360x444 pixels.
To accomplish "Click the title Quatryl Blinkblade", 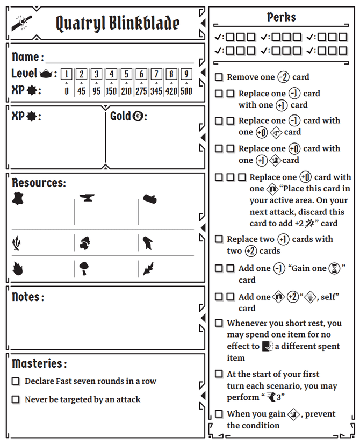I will point(117,23).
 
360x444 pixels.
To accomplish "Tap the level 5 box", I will point(126,74).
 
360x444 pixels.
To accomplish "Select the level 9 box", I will point(186,74).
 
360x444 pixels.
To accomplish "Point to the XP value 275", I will point(141,91).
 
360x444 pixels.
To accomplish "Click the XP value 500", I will point(186,91).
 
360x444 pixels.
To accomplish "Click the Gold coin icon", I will point(138,116).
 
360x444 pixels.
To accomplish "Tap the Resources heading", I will point(39,183).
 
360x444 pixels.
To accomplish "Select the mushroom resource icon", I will point(84,268).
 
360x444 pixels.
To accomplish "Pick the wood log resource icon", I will point(150,199).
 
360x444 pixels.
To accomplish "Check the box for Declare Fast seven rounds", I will point(16,381).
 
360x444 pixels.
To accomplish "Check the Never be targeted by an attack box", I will point(16,399).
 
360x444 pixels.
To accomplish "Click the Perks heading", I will point(282,17).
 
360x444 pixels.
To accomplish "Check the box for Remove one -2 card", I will point(219,77).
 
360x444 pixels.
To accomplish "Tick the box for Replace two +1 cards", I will point(219,239).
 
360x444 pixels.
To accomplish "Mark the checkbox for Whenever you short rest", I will point(219,323).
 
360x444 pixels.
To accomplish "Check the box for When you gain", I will point(219,413).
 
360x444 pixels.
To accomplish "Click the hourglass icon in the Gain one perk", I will point(335,268).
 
